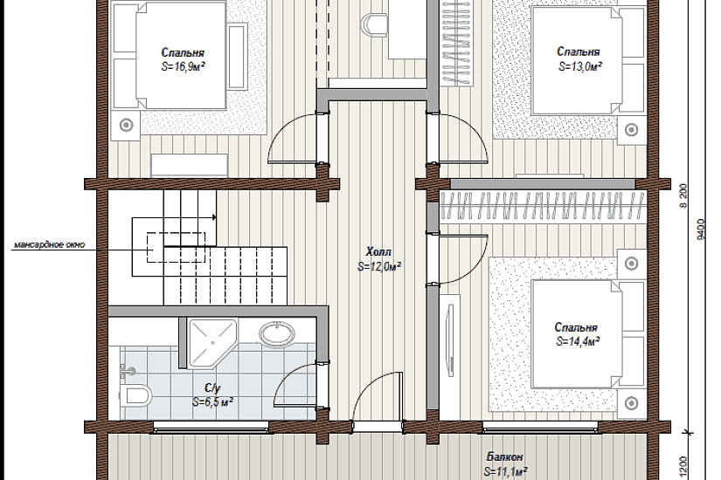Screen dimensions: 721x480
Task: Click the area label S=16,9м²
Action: tap(183, 66)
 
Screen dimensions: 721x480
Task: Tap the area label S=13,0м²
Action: tap(580, 66)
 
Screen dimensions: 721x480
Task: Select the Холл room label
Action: tap(378, 251)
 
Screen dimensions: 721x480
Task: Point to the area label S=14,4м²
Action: tap(578, 342)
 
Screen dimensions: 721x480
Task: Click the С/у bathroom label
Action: tap(212, 388)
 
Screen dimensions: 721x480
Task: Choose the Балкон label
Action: tap(504, 457)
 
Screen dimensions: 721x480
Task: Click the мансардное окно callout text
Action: tap(49, 244)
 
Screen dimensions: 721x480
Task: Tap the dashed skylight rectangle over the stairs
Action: tap(177, 248)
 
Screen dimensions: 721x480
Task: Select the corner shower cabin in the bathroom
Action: tap(212, 343)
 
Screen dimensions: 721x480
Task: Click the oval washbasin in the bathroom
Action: tap(277, 333)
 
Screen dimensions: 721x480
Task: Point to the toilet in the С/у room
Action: tap(135, 395)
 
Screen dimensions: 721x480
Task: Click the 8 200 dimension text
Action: tap(683, 196)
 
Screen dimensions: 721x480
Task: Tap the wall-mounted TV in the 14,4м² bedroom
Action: tap(450, 340)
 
